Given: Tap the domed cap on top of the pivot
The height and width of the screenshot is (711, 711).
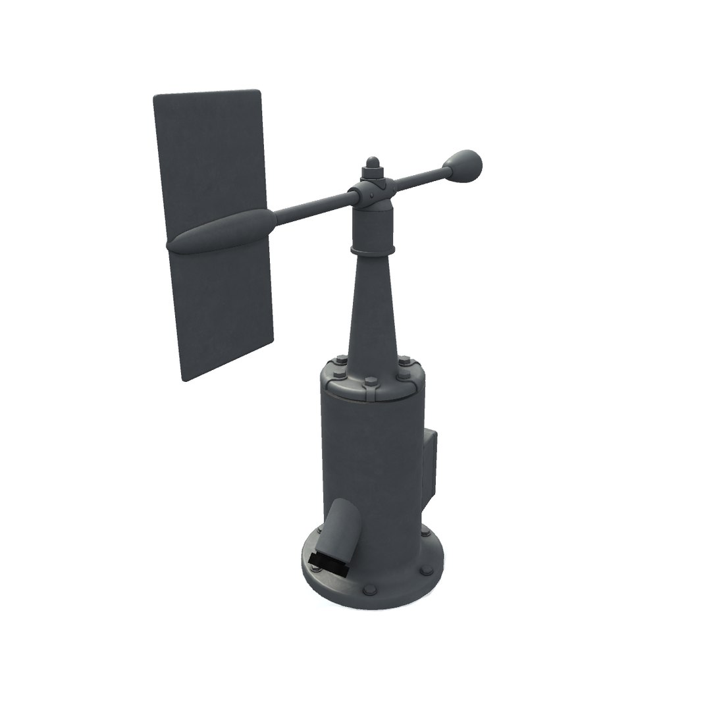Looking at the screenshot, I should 373,161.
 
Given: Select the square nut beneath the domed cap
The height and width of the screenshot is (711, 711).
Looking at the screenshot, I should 373,173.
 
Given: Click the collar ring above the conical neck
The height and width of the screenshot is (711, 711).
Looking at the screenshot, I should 373,250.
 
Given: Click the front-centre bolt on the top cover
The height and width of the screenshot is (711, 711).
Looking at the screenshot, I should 370,382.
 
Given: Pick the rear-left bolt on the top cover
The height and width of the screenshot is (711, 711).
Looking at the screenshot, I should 340,361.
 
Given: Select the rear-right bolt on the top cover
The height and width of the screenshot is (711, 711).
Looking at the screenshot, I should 404,361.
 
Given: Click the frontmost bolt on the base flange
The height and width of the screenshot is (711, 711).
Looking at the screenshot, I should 370,589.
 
